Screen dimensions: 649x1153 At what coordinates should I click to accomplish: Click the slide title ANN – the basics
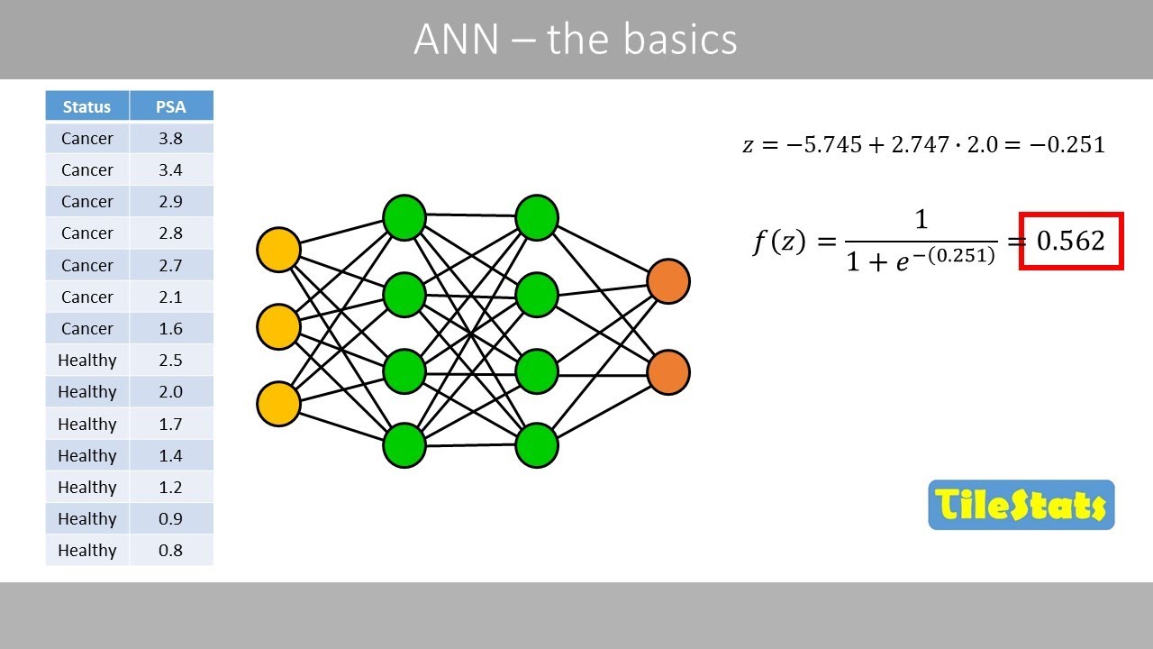click(576, 40)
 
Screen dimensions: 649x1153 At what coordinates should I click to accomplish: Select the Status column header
click(86, 106)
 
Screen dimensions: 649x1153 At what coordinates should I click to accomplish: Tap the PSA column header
click(171, 106)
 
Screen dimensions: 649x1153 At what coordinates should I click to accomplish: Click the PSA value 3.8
click(171, 138)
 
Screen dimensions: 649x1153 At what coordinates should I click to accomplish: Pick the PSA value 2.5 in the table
click(171, 360)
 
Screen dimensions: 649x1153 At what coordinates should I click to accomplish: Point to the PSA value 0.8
click(171, 550)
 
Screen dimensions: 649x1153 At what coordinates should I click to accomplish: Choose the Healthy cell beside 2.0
click(87, 391)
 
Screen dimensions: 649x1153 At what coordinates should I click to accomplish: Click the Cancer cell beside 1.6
click(87, 328)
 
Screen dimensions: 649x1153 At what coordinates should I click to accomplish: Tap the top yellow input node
click(278, 250)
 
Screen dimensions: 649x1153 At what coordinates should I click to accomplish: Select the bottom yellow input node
click(278, 403)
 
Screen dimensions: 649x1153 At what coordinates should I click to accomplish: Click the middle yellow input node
click(278, 326)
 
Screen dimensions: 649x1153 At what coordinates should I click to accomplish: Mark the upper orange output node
click(668, 281)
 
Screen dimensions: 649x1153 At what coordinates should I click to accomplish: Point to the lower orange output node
click(668, 372)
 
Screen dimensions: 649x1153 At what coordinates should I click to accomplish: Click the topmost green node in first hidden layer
click(404, 217)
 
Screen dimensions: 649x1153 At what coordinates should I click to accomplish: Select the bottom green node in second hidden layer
click(537, 445)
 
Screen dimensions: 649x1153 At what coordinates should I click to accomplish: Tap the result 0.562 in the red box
click(1070, 241)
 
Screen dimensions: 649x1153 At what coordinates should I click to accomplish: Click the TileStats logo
click(1021, 505)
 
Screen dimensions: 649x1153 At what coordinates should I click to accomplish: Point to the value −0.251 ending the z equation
click(1068, 144)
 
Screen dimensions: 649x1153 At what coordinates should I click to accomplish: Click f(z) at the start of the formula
click(779, 242)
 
